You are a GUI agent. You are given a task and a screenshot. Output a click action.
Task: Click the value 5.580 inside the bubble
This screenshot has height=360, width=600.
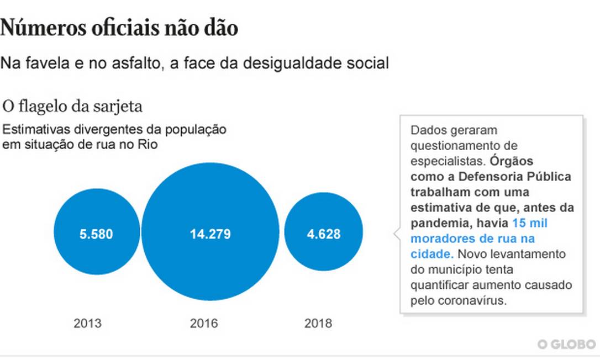click(x=96, y=234)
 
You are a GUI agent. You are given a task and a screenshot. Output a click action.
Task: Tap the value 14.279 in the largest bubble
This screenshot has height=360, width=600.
click(x=210, y=234)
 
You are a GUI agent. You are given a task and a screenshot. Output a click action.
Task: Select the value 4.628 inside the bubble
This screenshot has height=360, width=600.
click(x=323, y=234)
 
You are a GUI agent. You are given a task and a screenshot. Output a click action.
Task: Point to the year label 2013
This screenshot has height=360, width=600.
click(x=87, y=323)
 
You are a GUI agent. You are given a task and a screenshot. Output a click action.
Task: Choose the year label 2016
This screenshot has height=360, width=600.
click(x=204, y=323)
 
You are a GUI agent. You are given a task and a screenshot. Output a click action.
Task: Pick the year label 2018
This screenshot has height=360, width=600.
click(x=318, y=323)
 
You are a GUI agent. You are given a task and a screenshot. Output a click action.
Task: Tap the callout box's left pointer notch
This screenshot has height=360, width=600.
click(x=396, y=234)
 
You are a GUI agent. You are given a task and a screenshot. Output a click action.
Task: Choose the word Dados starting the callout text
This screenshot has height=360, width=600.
click(x=426, y=130)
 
